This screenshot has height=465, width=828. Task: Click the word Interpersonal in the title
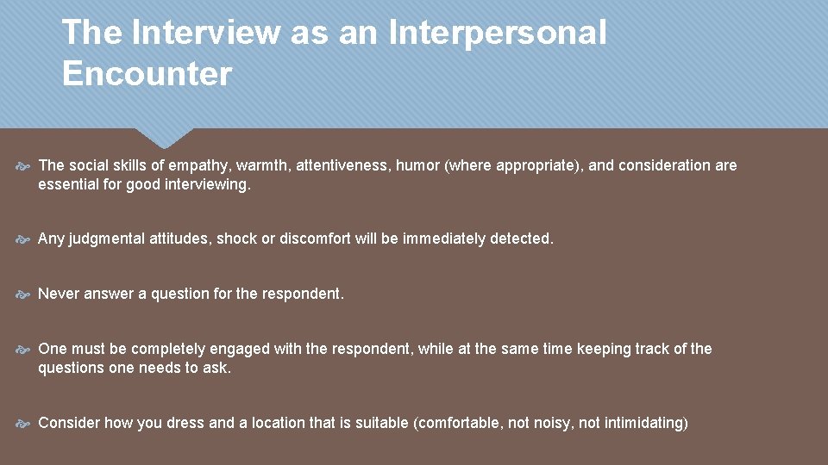tap(498, 34)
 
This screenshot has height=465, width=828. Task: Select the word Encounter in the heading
tap(147, 74)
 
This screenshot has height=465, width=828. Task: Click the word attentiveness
tap(342, 165)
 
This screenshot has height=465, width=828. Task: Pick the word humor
tap(417, 165)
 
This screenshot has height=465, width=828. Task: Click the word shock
tap(236, 239)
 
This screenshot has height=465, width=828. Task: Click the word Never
tap(59, 294)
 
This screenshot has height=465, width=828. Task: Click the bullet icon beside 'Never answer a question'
tap(24, 294)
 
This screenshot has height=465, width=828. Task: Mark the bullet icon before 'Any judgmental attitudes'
tap(24, 239)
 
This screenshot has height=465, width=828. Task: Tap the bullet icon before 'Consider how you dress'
tap(24, 424)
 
